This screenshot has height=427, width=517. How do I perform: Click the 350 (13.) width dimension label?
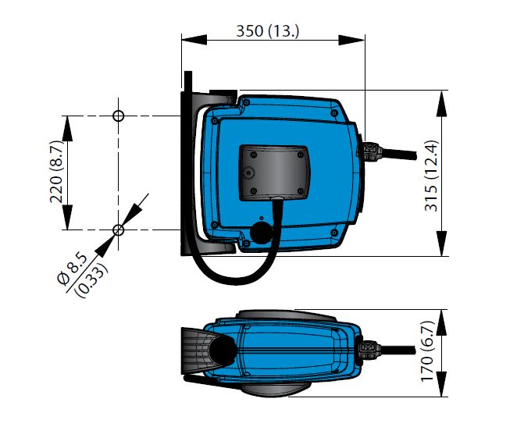click(267, 31)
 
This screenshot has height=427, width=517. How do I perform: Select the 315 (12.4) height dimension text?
click(431, 176)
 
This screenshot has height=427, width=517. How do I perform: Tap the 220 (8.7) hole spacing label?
click(55, 171)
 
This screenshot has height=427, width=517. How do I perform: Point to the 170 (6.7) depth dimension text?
click(428, 350)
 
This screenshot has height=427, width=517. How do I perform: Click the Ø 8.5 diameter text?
click(72, 269)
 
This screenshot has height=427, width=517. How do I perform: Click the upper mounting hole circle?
click(119, 116)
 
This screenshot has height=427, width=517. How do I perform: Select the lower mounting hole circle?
click(119, 230)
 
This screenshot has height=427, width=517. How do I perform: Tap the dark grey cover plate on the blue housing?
click(274, 173)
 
